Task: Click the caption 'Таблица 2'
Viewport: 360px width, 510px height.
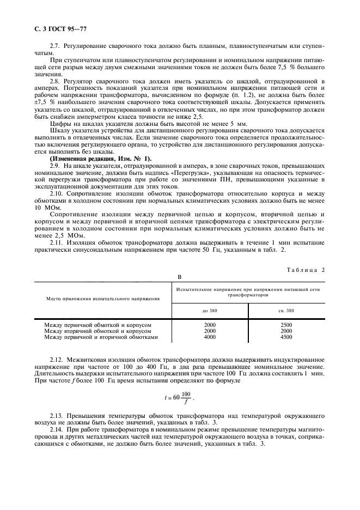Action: pos(306,269)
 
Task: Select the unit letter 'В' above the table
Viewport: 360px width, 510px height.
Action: pos(179,277)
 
